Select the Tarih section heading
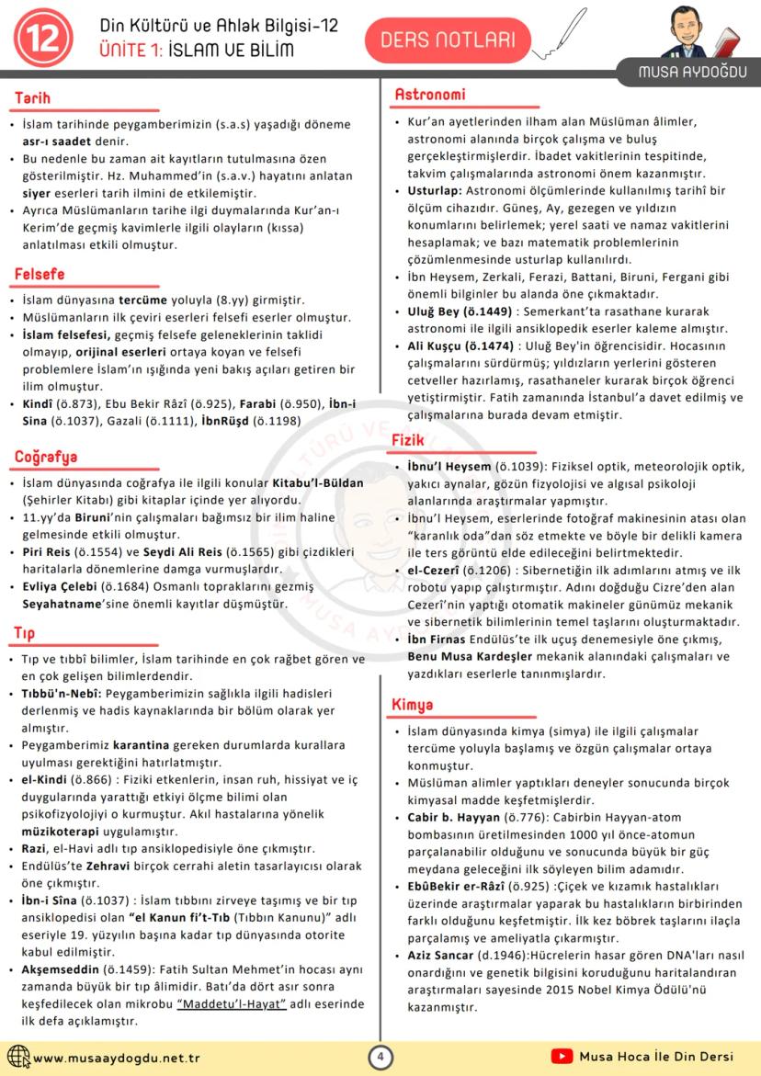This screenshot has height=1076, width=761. (x=32, y=98)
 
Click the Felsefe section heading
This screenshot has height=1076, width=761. (x=40, y=274)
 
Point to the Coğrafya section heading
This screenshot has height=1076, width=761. (x=46, y=457)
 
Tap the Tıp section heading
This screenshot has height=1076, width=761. (x=25, y=633)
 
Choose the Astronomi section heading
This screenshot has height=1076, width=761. (x=429, y=94)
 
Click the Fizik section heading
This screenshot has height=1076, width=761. (x=408, y=440)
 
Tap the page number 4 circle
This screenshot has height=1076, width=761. (x=380, y=1058)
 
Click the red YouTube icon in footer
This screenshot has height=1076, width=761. (x=562, y=1057)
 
